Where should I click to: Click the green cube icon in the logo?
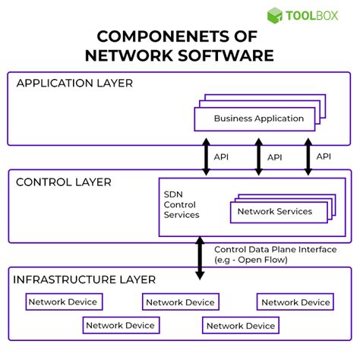[x=276, y=15]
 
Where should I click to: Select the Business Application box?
[x=258, y=118]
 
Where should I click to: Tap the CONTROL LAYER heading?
[x=64, y=182]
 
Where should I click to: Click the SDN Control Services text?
[x=182, y=204]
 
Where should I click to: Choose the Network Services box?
[x=274, y=212]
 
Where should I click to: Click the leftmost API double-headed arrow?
[x=206, y=157]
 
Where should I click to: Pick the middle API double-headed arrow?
[x=258, y=157]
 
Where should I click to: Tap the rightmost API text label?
[x=324, y=156]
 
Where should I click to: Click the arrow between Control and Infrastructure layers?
[x=201, y=257]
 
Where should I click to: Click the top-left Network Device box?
[x=63, y=302]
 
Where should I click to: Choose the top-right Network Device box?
[x=295, y=302]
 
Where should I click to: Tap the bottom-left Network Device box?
[x=120, y=326]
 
